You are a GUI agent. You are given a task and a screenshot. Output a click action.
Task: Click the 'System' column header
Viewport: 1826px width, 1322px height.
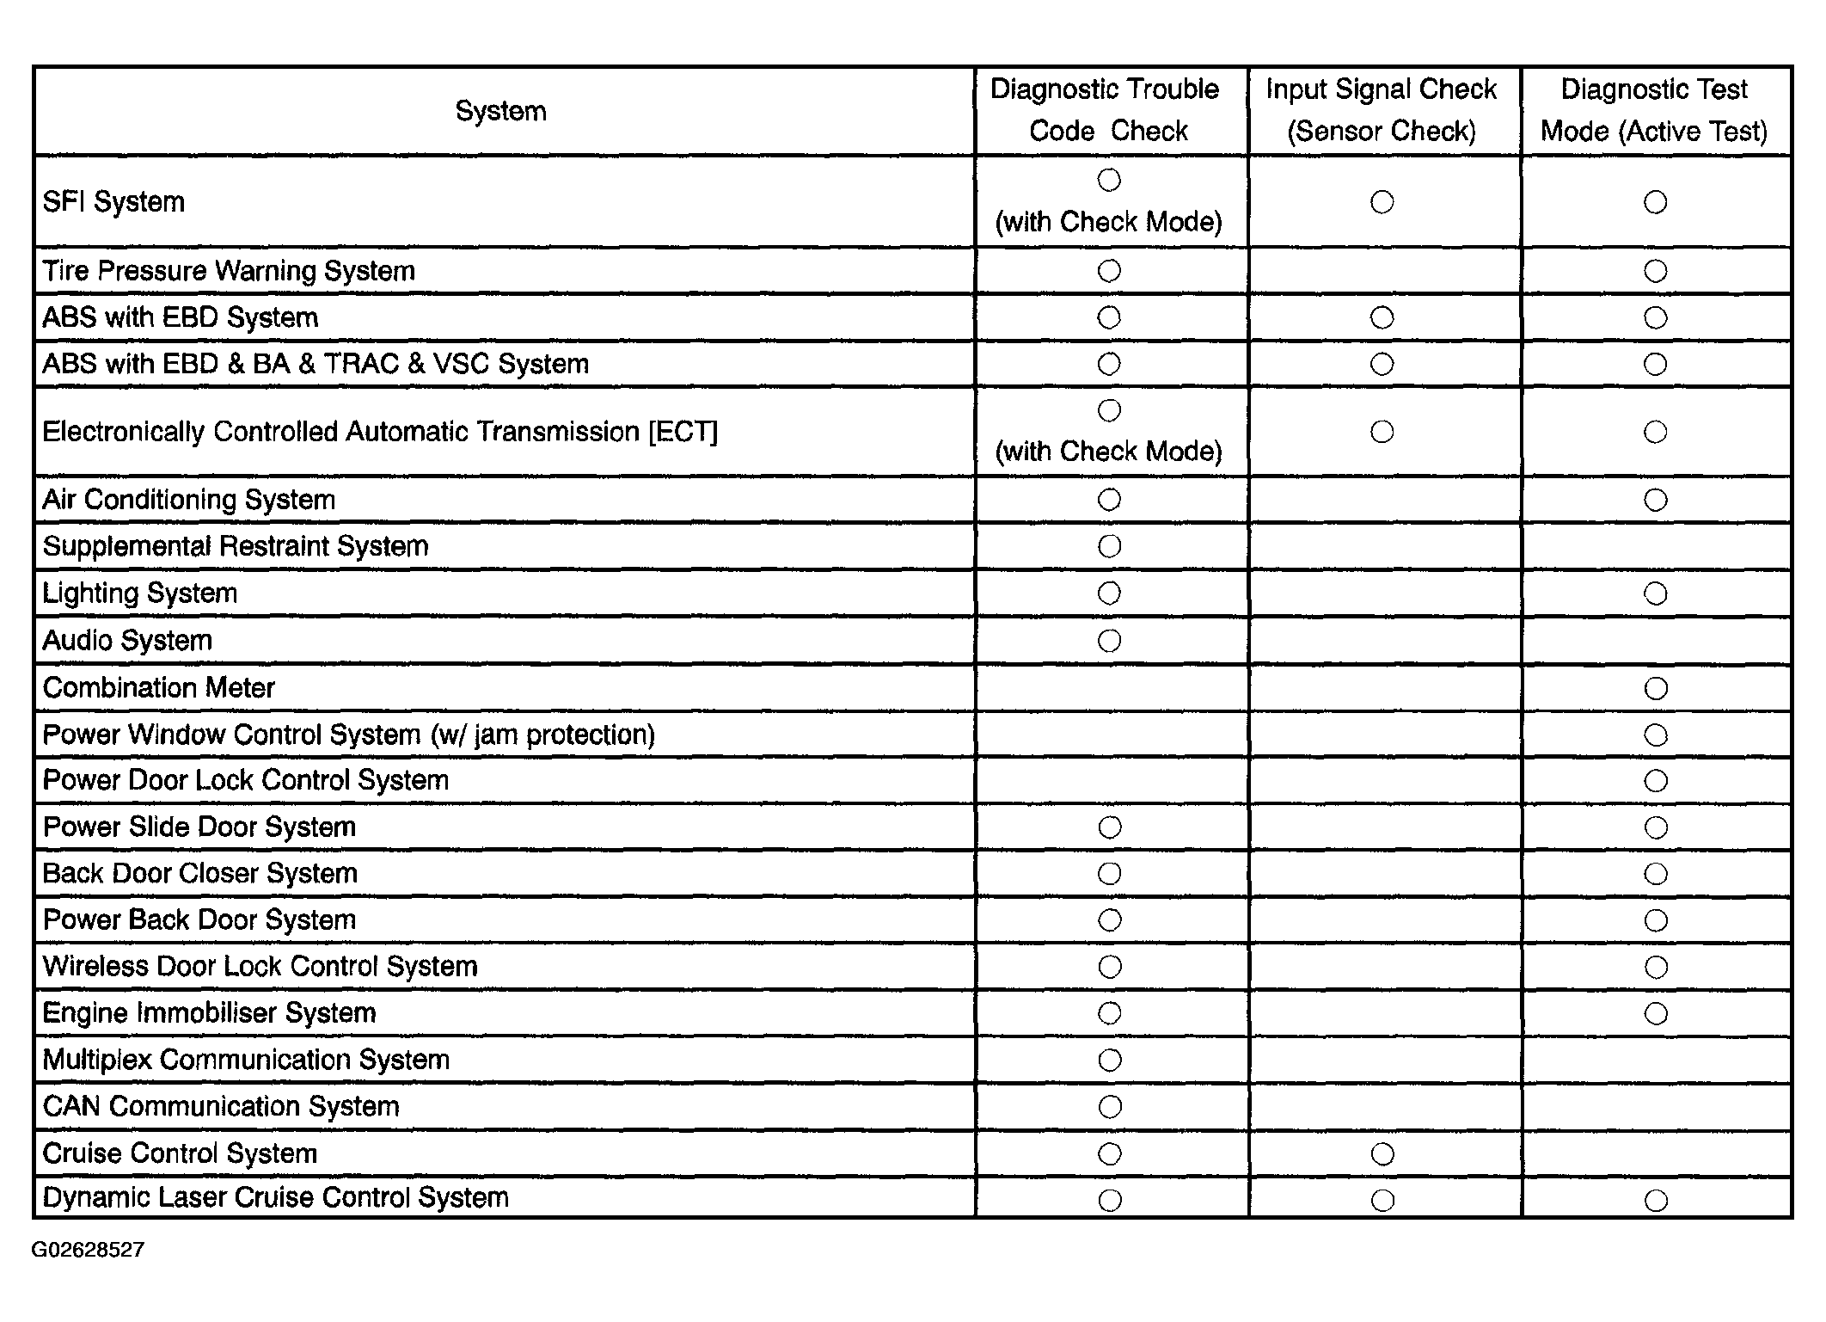tap(500, 111)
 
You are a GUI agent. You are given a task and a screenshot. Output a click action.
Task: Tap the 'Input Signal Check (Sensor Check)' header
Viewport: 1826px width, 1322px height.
tap(1381, 110)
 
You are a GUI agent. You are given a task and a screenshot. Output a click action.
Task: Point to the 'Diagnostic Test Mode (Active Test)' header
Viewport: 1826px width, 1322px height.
tap(1654, 110)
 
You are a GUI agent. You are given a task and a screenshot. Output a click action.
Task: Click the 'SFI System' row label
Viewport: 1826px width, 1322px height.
tap(113, 202)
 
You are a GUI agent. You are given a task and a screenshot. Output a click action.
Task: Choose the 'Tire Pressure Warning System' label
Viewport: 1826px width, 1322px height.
tap(229, 271)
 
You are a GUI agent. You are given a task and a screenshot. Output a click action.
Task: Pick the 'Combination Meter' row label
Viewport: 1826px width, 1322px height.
tap(159, 688)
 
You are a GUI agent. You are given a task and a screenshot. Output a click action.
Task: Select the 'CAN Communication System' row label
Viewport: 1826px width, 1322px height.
tap(221, 1106)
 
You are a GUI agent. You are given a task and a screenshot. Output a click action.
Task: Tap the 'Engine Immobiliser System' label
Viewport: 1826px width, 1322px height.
tap(210, 1013)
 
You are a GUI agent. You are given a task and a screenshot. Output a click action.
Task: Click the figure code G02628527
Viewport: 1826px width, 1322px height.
tap(88, 1250)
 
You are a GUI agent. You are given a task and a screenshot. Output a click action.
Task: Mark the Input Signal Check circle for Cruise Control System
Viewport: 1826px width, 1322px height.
tap(1382, 1154)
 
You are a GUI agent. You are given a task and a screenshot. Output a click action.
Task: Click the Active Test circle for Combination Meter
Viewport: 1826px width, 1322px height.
tap(1656, 688)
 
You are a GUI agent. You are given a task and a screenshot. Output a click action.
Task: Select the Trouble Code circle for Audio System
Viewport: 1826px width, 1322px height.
tap(1110, 641)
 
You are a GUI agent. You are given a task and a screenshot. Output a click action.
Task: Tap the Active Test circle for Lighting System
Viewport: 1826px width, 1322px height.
tap(1656, 593)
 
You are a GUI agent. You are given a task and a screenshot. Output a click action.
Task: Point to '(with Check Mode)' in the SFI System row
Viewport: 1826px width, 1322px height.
tap(1108, 222)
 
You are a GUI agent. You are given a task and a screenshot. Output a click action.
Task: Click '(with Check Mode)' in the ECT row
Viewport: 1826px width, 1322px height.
tap(1108, 452)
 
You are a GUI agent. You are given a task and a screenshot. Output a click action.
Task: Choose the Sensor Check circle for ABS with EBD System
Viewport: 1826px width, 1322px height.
tap(1382, 318)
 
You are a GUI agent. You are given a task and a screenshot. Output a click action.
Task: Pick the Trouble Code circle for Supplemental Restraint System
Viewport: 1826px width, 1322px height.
tap(1110, 547)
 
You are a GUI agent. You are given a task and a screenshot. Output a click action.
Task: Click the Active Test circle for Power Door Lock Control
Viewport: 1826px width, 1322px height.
tap(1656, 781)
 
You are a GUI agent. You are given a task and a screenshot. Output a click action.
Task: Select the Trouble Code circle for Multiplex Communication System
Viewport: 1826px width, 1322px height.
tap(1110, 1060)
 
